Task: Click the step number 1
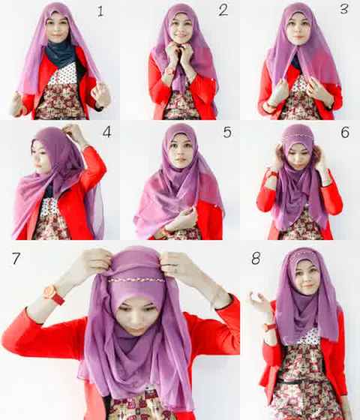[x=100, y=11]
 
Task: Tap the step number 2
[x=223, y=10]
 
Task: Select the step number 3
[x=344, y=8]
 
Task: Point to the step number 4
[x=106, y=132]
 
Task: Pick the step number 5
[x=227, y=132]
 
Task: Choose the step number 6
[x=345, y=132]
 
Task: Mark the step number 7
[x=16, y=259]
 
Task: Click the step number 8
[x=256, y=259]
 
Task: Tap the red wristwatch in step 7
[x=53, y=295]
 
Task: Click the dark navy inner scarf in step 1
[x=59, y=54]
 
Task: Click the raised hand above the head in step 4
[x=73, y=133]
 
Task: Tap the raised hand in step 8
[x=256, y=301]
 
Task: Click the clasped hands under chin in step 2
[x=179, y=55]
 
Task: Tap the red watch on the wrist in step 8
[x=269, y=327]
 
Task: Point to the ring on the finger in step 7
[x=176, y=271]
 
